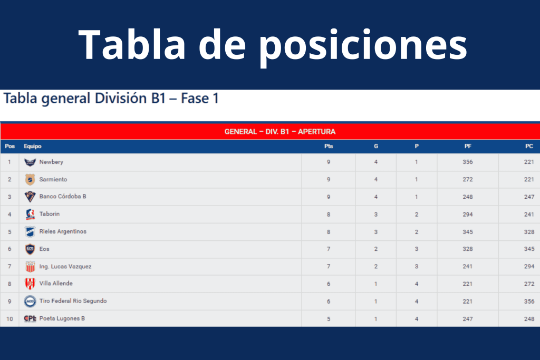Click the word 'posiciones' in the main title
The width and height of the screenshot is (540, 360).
pos(363,45)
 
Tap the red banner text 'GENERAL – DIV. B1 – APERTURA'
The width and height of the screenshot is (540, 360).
pos(279,131)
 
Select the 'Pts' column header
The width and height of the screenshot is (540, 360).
pos(329,147)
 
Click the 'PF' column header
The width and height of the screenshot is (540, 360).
pos(468,147)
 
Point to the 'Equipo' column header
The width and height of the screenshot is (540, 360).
pos(32,147)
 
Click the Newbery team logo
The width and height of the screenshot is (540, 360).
pos(30,162)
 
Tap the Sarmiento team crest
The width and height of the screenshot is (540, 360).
pos(30,179)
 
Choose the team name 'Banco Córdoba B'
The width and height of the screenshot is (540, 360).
pos(63,196)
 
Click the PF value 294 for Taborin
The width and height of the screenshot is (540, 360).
pos(468,215)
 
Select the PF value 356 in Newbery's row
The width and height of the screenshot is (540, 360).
pos(468,162)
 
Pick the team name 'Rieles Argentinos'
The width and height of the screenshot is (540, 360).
pos(63,231)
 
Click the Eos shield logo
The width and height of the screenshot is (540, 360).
pos(30,249)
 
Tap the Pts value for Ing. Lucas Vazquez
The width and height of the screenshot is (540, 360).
pos(329,266)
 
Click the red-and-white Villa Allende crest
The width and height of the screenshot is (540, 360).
pos(30,284)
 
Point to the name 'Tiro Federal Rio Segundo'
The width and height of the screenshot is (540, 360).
pos(73,301)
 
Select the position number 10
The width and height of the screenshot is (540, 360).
pos(9,319)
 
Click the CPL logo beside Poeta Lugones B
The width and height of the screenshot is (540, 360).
pos(30,318)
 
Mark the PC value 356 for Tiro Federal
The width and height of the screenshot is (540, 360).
pos(529,301)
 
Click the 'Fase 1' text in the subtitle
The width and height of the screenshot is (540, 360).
pos(200,99)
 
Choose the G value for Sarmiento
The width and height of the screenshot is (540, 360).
pos(375,179)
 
